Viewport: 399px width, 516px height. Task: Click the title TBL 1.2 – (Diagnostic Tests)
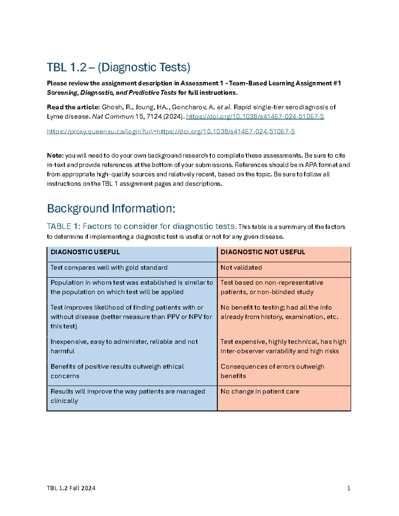click(118, 67)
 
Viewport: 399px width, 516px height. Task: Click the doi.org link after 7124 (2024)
click(255, 117)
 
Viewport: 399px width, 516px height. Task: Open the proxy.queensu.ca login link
click(171, 132)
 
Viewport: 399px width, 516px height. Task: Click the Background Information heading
click(111, 209)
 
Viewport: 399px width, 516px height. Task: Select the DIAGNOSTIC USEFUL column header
click(85, 252)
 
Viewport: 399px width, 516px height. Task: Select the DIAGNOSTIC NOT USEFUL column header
click(263, 252)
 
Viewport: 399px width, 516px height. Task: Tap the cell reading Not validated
click(241, 268)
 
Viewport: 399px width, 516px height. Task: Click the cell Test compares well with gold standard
click(109, 268)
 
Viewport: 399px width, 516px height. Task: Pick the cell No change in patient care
click(260, 392)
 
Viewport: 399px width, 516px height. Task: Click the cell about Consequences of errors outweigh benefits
click(272, 371)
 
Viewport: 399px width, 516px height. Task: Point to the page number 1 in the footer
click(348, 488)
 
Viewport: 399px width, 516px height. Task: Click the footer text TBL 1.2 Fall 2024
click(71, 488)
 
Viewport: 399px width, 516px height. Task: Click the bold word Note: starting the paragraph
click(55, 156)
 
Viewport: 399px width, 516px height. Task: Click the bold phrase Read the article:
click(73, 107)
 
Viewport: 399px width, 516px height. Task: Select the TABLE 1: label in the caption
click(64, 227)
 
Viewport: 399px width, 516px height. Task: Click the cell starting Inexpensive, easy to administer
click(124, 346)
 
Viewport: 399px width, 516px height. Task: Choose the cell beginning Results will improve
click(128, 396)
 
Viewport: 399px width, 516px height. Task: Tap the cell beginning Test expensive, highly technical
click(283, 346)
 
